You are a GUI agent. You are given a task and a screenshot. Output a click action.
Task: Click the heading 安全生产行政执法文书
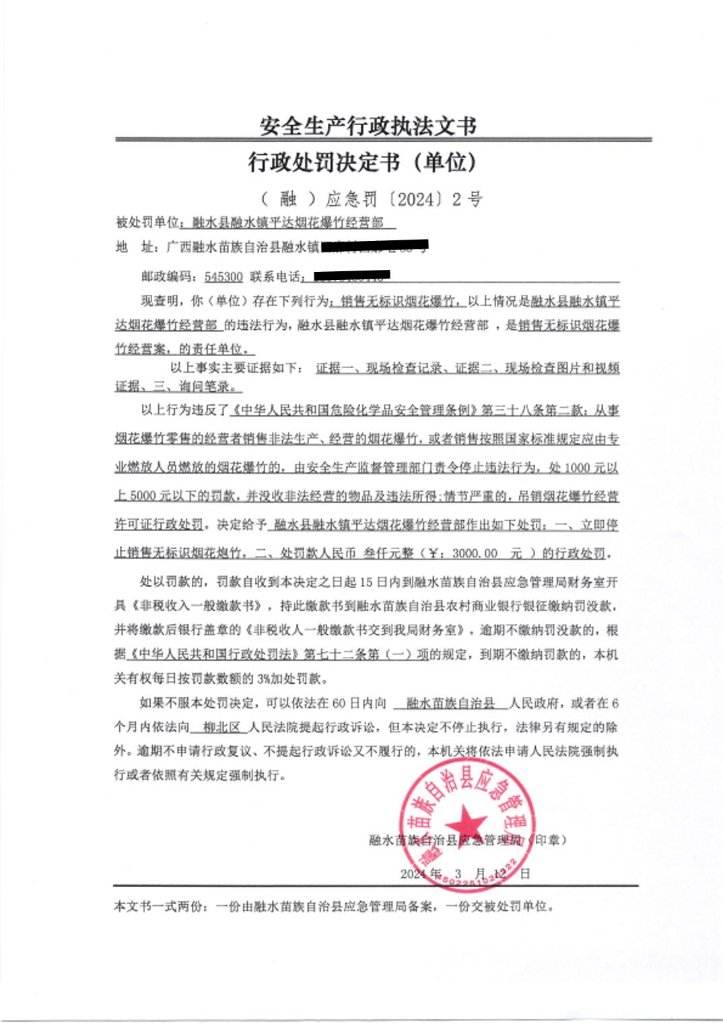point(368,125)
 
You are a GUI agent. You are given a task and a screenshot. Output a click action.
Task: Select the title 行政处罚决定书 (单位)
point(363,162)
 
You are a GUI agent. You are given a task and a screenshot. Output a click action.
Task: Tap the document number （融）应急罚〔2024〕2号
point(371,199)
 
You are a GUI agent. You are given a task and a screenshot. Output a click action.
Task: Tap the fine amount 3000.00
point(475,553)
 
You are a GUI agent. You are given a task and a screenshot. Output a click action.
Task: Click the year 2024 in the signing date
point(413,874)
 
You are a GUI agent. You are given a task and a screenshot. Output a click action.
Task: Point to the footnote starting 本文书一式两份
point(334,907)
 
